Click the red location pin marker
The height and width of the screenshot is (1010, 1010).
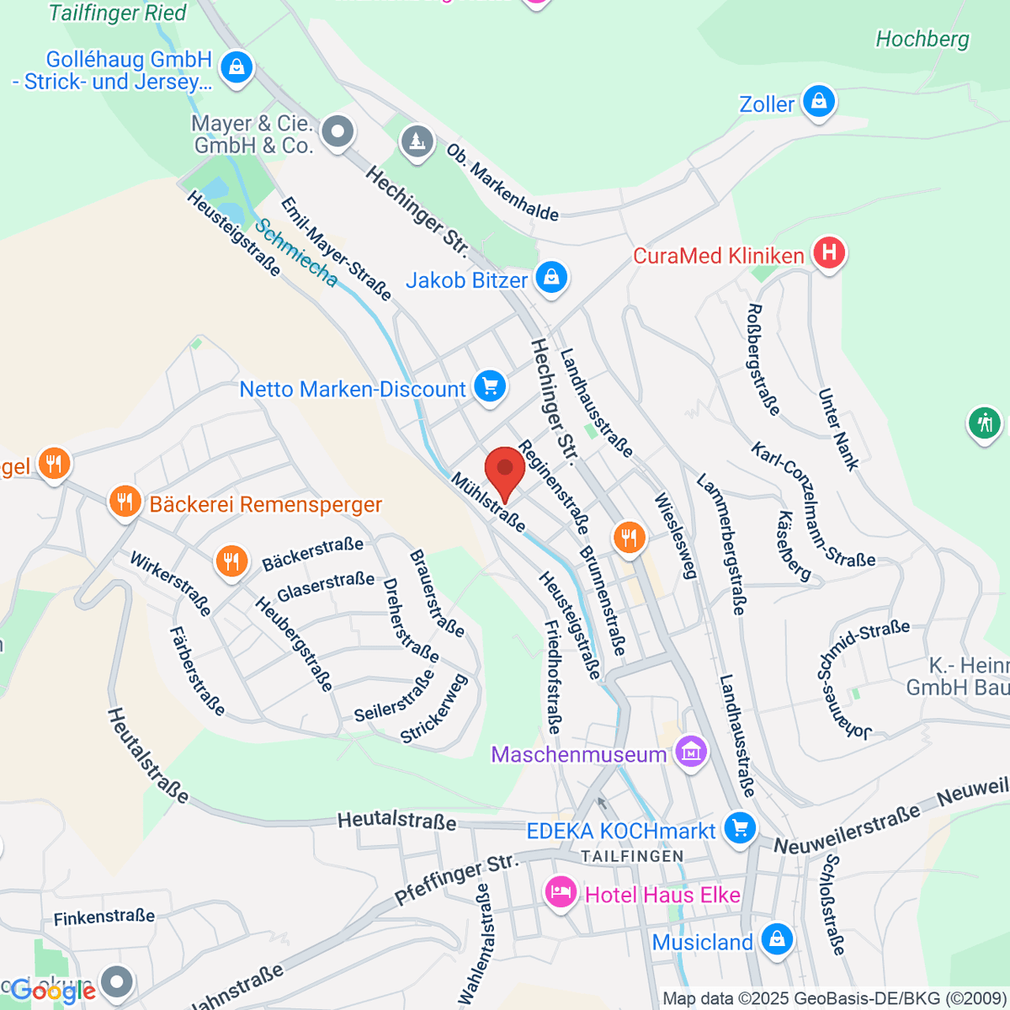point(505,469)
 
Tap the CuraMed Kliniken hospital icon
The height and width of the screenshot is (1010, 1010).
point(829,253)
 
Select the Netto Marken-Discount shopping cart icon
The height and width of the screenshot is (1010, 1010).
point(490,387)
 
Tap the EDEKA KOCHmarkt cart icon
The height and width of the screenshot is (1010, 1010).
point(740,827)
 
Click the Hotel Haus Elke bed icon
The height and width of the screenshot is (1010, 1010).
point(561,891)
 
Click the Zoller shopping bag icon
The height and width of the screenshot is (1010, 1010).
point(818,102)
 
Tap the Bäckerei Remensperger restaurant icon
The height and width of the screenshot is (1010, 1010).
point(125,502)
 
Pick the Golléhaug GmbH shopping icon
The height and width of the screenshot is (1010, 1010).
point(237,66)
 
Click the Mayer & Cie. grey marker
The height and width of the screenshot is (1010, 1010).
point(338,131)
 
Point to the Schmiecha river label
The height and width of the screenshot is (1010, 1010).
point(296,252)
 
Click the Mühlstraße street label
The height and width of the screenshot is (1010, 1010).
point(488,502)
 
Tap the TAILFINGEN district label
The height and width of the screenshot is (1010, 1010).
point(632,856)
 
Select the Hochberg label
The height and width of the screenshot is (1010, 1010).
point(922,40)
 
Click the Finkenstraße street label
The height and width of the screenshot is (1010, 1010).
point(104,917)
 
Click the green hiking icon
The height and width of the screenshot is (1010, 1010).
point(984,423)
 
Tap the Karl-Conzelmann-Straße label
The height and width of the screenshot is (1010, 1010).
point(813,503)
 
